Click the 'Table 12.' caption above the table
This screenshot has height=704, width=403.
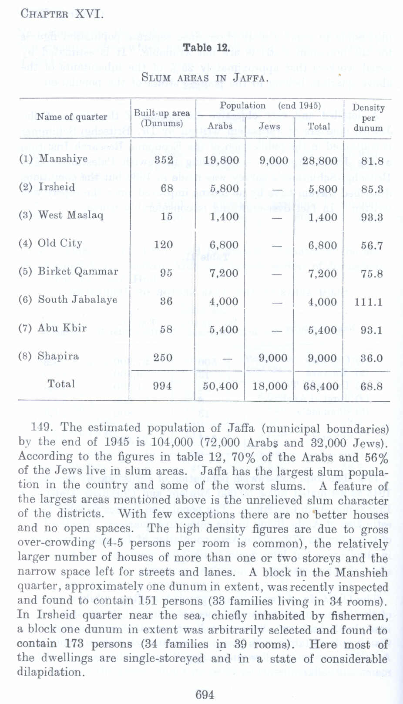(206, 48)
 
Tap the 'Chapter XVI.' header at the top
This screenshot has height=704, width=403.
(62, 14)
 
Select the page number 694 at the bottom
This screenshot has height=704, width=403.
(205, 694)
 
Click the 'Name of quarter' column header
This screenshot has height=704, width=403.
(72, 117)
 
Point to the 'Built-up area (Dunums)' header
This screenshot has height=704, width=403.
(162, 118)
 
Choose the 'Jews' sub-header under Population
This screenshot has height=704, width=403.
(269, 126)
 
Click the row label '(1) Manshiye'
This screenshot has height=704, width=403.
(53, 159)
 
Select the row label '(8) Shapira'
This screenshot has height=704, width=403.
(49, 356)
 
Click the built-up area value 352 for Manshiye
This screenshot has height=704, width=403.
(164, 160)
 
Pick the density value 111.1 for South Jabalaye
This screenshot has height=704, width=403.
(368, 301)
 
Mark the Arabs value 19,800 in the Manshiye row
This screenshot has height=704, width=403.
(222, 160)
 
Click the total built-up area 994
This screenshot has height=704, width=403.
(162, 386)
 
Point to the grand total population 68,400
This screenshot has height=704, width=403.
(321, 386)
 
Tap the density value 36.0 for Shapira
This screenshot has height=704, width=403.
(371, 358)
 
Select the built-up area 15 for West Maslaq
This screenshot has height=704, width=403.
(167, 217)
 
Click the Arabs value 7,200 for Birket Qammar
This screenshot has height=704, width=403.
(224, 273)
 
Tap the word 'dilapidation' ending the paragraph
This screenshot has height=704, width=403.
(50, 672)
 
